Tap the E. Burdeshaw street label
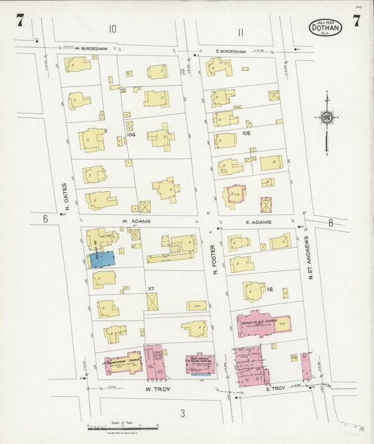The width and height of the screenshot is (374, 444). click(x=231, y=51)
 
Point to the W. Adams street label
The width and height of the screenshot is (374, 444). click(x=135, y=220)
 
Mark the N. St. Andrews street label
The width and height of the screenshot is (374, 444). click(x=309, y=257)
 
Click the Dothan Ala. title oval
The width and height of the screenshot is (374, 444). click(x=326, y=27)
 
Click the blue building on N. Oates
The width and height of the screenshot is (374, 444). click(x=102, y=259)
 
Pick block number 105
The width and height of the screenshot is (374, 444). click(x=246, y=132)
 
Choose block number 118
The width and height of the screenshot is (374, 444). click(x=269, y=289)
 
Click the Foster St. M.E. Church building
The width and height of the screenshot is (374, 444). click(x=262, y=324)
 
